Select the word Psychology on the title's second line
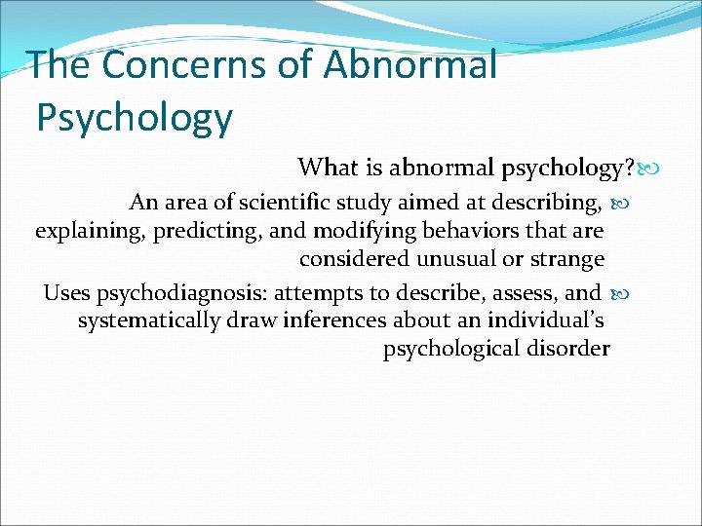click(x=135, y=118)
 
